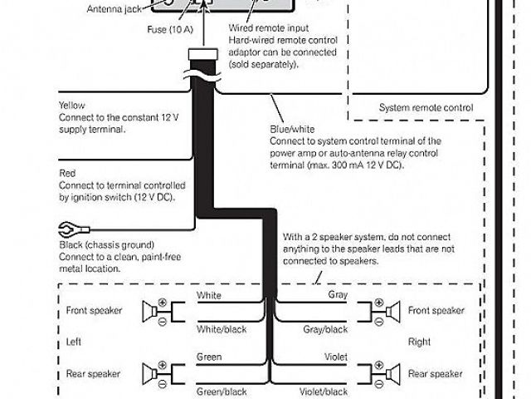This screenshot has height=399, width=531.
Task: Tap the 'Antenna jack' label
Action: tap(115, 9)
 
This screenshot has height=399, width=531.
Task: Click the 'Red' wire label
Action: tap(67, 173)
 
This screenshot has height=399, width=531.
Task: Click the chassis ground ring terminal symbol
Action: tap(67, 229)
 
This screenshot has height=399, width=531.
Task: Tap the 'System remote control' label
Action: tap(426, 108)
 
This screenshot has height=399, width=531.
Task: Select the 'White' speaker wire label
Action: tap(208, 296)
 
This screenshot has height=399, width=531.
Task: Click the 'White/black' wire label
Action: tap(220, 329)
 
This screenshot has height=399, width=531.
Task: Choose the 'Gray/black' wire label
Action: tap(324, 329)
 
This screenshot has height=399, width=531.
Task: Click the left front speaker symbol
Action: tap(153, 313)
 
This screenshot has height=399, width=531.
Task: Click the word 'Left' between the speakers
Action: tap(74, 342)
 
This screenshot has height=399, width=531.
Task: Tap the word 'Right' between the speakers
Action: tap(419, 342)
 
